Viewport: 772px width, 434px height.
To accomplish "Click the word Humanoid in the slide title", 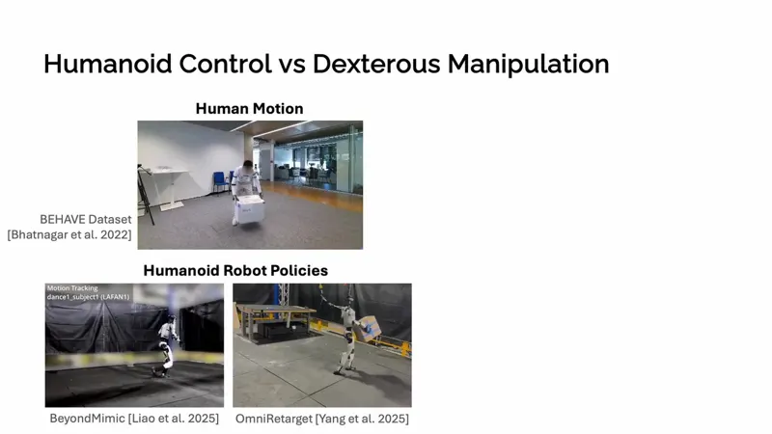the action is [108, 64].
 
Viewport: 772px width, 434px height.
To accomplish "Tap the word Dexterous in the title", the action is [376, 64].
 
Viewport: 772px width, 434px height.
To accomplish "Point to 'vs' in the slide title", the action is [292, 67].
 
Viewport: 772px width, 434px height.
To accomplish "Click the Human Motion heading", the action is [249, 109].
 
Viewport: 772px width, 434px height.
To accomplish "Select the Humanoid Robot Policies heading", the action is [235, 271].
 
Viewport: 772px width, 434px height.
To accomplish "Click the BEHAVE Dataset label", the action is [86, 220].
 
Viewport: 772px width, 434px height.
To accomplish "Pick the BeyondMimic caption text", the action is [134, 419].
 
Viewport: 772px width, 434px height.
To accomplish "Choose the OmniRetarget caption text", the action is [322, 419].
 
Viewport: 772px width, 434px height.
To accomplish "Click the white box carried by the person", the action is [249, 209].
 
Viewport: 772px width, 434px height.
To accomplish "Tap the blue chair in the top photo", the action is [220, 182].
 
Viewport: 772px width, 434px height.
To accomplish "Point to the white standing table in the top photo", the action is [167, 188].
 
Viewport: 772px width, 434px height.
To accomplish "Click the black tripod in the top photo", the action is [146, 195].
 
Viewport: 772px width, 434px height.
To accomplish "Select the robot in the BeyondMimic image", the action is [166, 345].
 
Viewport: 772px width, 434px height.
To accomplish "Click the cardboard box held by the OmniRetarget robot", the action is [368, 329].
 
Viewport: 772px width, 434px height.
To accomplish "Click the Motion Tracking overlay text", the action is [72, 288].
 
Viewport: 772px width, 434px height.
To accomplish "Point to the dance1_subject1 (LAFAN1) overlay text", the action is [88, 297].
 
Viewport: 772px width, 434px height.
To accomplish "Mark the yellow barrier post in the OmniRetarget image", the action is [404, 349].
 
